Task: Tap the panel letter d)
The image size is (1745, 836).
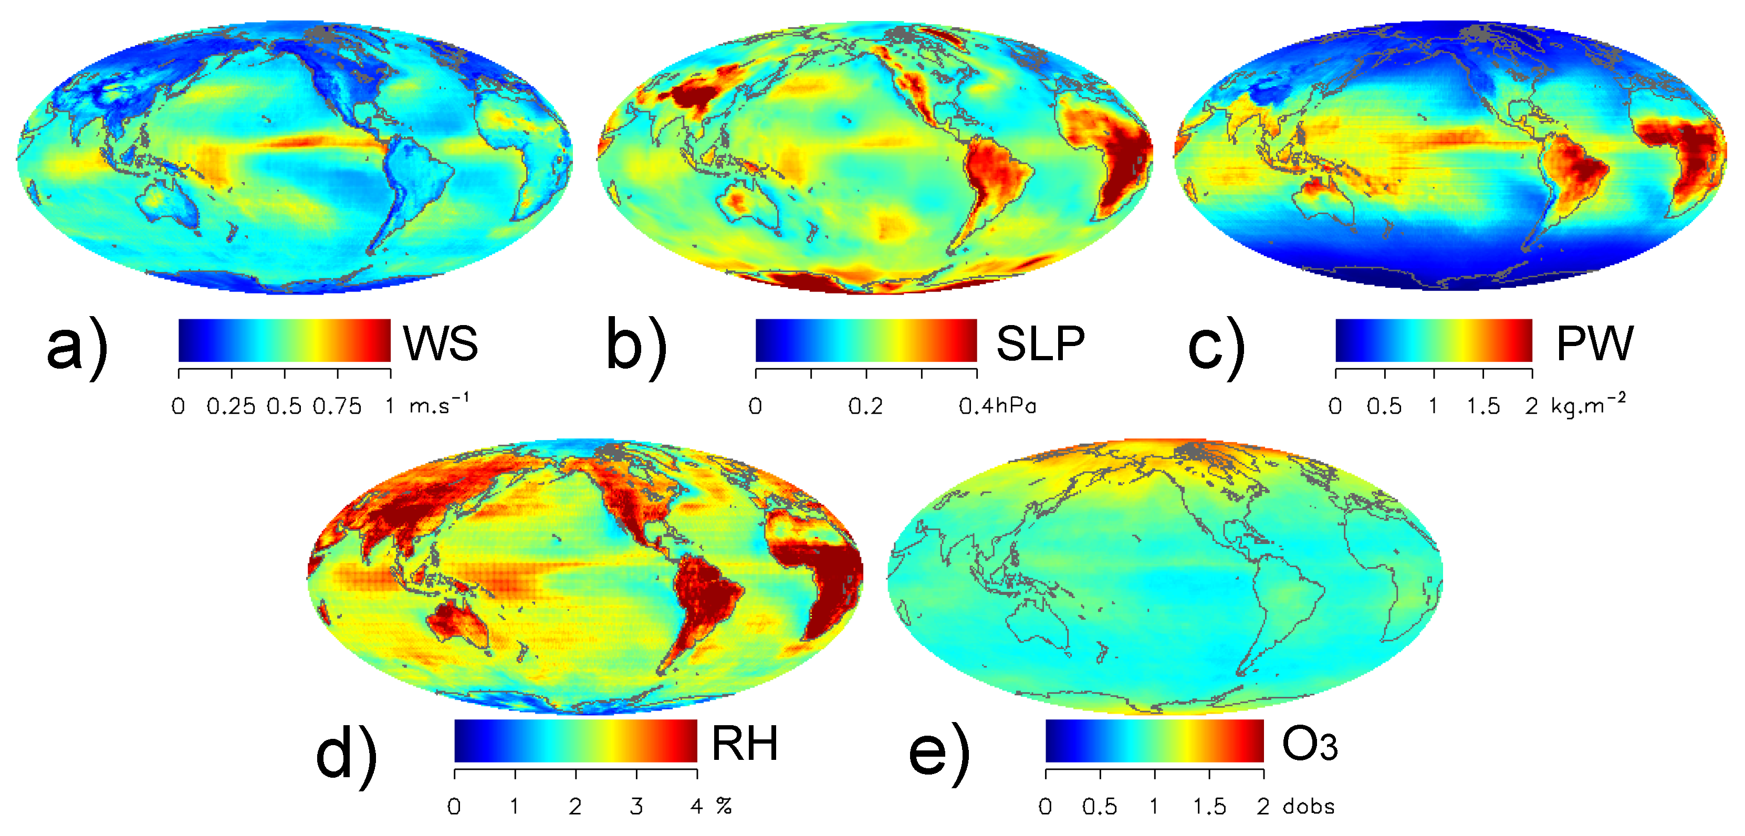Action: [x=346, y=755]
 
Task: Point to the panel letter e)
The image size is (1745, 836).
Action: [x=939, y=755]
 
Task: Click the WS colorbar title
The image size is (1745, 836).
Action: [x=441, y=343]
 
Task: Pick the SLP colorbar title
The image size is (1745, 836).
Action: [x=1040, y=343]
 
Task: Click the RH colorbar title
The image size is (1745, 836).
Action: [x=745, y=744]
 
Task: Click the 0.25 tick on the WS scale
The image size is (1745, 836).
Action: [x=231, y=406]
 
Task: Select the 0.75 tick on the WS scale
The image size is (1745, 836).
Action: [x=337, y=406]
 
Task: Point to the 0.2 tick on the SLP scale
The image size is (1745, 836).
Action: [x=866, y=406]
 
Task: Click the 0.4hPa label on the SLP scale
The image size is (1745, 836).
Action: [x=997, y=406]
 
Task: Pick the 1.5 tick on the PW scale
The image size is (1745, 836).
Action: [x=1483, y=406]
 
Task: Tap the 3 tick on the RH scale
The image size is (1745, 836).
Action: [x=636, y=806]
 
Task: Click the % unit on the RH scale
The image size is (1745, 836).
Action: [x=724, y=806]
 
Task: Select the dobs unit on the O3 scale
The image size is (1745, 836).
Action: [x=1308, y=806]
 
